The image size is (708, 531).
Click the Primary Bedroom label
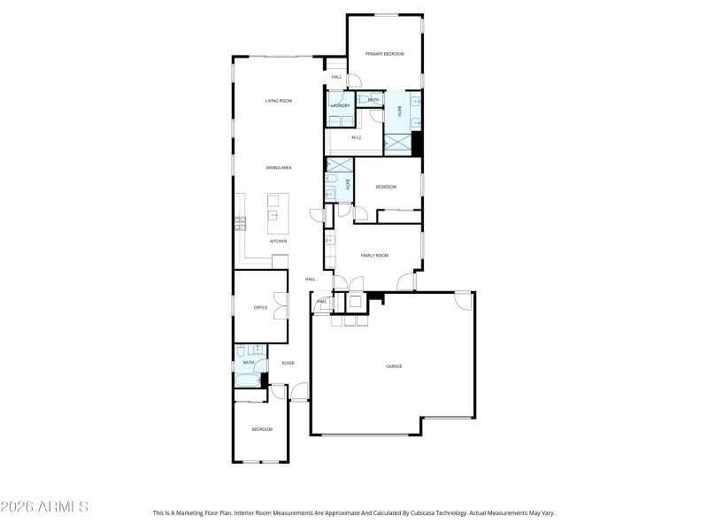point(385,54)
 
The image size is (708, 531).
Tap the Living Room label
point(279,101)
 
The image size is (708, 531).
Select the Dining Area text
point(279,167)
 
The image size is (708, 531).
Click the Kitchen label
point(279,241)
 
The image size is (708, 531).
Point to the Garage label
point(394,366)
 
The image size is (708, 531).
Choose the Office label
point(260,308)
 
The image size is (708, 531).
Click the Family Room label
point(374,255)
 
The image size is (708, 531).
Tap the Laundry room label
point(341,105)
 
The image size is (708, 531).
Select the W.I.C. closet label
point(357,137)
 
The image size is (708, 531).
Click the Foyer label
point(288,363)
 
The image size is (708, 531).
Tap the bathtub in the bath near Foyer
point(248,381)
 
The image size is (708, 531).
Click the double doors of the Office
point(281,306)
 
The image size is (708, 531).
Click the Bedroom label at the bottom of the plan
point(262,429)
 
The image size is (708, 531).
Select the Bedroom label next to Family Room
point(386,187)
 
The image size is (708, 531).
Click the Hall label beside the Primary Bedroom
point(336,77)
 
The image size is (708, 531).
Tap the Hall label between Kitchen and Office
point(310,279)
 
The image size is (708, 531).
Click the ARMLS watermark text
point(44,507)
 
